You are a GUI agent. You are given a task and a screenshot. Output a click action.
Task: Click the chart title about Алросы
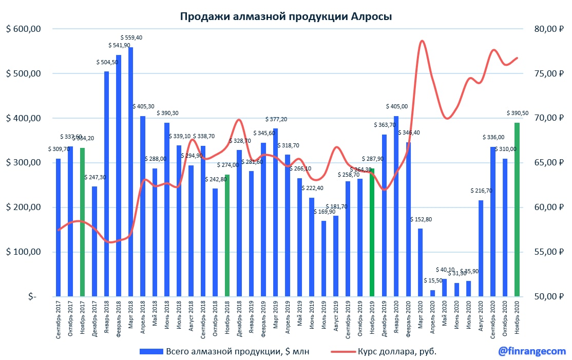coord(285,16)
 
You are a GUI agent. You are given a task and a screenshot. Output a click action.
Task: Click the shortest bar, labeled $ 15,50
coord(432,293)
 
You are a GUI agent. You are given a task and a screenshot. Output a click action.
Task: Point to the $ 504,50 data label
coord(107,62)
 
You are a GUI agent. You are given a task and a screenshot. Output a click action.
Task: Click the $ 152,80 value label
coord(421,219)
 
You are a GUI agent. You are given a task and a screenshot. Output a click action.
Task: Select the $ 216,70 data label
coord(481,191)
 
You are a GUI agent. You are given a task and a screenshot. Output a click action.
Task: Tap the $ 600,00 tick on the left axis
coord(23,29)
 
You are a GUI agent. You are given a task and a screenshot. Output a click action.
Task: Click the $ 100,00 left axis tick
coord(23,252)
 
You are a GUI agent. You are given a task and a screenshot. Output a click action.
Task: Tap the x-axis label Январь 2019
coord(252,318)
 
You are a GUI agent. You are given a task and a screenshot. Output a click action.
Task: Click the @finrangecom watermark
coord(531,351)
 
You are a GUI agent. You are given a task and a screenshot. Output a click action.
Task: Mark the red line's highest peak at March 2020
coord(422,41)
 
